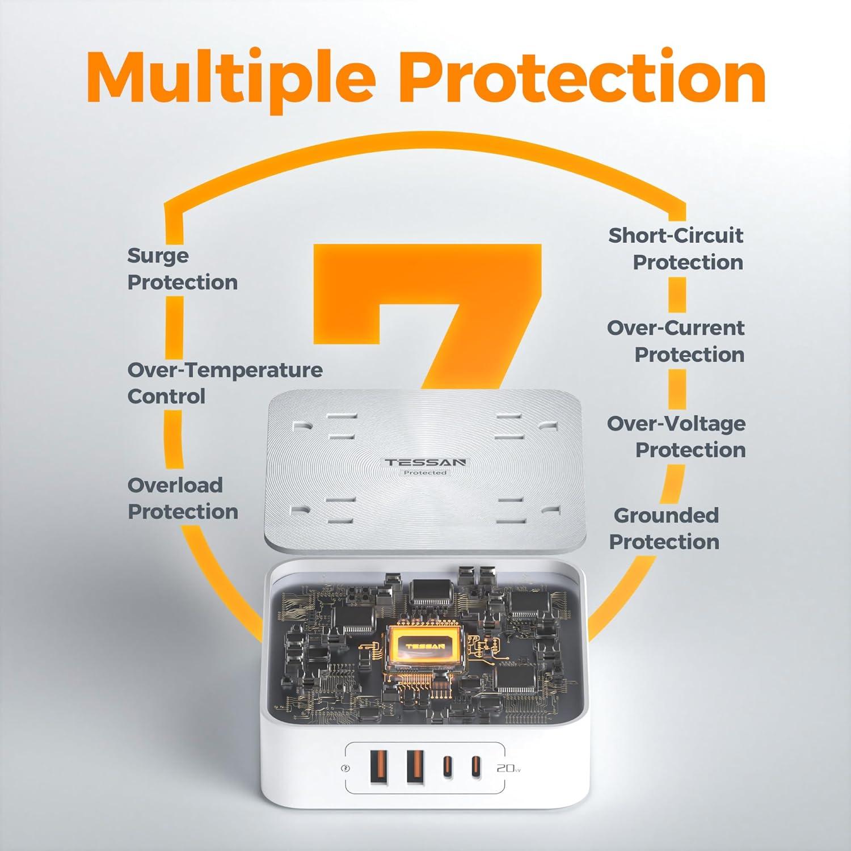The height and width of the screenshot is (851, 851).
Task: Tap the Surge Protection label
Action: click(x=182, y=269)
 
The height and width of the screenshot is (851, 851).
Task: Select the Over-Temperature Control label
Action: click(x=224, y=383)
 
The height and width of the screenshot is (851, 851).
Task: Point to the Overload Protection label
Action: click(x=182, y=498)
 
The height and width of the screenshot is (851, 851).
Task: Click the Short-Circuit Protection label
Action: click(x=676, y=248)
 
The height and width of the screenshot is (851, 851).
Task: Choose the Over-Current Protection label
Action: click(x=676, y=341)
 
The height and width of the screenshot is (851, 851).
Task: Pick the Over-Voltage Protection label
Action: click(x=676, y=436)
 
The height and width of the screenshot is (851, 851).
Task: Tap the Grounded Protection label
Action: click(x=665, y=528)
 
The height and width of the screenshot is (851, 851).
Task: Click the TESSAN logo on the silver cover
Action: click(x=425, y=462)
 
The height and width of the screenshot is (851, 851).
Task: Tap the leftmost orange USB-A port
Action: click(x=380, y=766)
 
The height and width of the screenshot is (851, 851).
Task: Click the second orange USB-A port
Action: click(x=415, y=766)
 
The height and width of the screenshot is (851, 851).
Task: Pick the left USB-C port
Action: click(x=446, y=768)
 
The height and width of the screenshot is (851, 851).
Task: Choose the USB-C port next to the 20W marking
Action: click(x=475, y=768)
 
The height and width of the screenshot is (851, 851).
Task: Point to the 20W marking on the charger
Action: click(x=508, y=768)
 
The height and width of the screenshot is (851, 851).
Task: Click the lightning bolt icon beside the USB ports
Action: click(x=346, y=769)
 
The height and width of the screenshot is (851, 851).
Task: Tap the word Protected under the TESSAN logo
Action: click(x=425, y=473)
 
